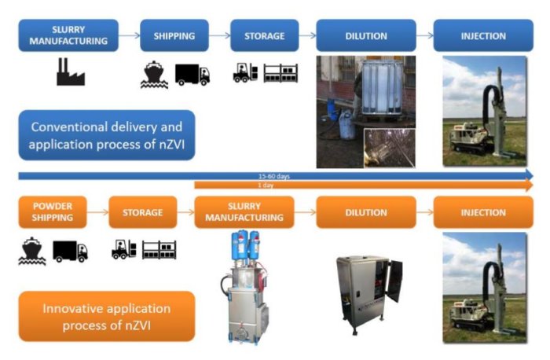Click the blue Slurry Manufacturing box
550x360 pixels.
coord(68,35)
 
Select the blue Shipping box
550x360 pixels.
coord(174,35)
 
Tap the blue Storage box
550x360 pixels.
coord(264,35)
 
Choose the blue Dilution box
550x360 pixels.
coord(366,35)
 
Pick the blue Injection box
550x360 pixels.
coord(483,35)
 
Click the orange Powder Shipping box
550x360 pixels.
coord(53,212)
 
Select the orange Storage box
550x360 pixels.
coord(142,212)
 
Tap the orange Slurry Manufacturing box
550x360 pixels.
coord(245,212)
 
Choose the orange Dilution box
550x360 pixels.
coord(366,212)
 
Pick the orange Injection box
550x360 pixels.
coord(483,212)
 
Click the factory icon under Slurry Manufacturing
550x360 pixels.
coord(69,72)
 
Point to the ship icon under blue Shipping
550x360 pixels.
coord(154,73)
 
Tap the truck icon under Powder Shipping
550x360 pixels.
coord(70,251)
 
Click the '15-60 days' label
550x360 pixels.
coord(274,176)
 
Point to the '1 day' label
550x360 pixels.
coord(274,185)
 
